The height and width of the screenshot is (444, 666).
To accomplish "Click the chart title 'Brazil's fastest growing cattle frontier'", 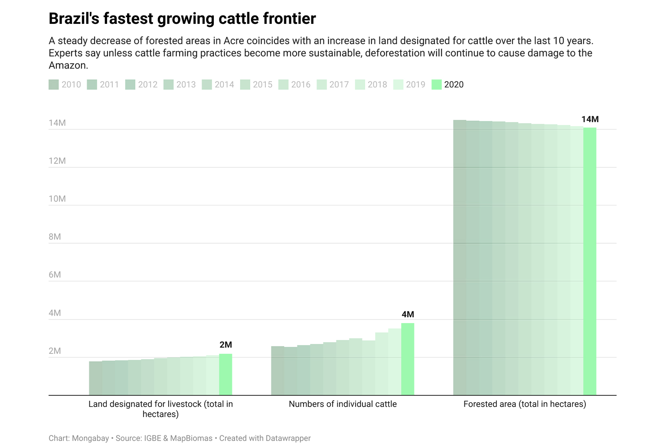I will [x=182, y=19].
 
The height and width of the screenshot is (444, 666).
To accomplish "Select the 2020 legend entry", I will [x=448, y=85].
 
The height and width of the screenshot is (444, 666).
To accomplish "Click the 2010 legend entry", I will [x=65, y=85].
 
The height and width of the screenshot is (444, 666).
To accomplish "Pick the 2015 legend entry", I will [x=257, y=85].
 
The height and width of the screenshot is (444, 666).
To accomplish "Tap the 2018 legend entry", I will [x=372, y=85].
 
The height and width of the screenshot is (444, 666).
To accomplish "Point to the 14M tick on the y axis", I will [x=57, y=123].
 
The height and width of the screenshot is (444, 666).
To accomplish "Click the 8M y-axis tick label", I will [x=55, y=237].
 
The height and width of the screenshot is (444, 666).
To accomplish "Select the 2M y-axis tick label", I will [x=55, y=351].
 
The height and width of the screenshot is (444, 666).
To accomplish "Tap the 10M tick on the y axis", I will [x=57, y=199].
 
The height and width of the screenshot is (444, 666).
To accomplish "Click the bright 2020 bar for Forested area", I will [x=590, y=260].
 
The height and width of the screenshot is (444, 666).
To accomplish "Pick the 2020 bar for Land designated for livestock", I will [x=225, y=375].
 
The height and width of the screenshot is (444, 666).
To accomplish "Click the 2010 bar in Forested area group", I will [x=460, y=260].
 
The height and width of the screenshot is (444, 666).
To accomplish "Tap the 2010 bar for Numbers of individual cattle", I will [x=277, y=371].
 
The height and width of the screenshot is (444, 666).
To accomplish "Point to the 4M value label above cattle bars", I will [x=408, y=314].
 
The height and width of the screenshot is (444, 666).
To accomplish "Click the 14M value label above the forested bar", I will [x=590, y=119].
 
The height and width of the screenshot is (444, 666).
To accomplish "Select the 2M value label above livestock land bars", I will [x=225, y=345].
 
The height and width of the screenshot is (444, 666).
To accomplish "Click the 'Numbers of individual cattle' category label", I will [x=343, y=404].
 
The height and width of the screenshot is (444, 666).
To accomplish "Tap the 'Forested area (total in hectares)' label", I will [x=525, y=404].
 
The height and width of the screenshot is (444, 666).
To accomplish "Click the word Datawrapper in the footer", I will [x=288, y=438].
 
